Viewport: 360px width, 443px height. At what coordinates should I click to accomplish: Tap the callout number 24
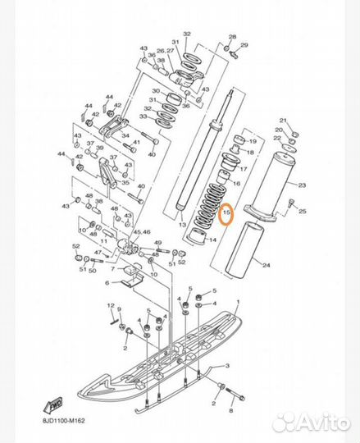(x=266, y=264)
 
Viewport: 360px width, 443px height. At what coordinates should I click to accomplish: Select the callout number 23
(x=302, y=186)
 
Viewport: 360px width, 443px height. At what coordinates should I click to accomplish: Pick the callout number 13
(x=182, y=223)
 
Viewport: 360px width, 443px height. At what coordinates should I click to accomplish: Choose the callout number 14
(x=212, y=239)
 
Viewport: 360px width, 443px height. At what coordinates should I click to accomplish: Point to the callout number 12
(x=109, y=305)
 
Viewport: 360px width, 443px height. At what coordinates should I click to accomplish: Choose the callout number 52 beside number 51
(x=75, y=245)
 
